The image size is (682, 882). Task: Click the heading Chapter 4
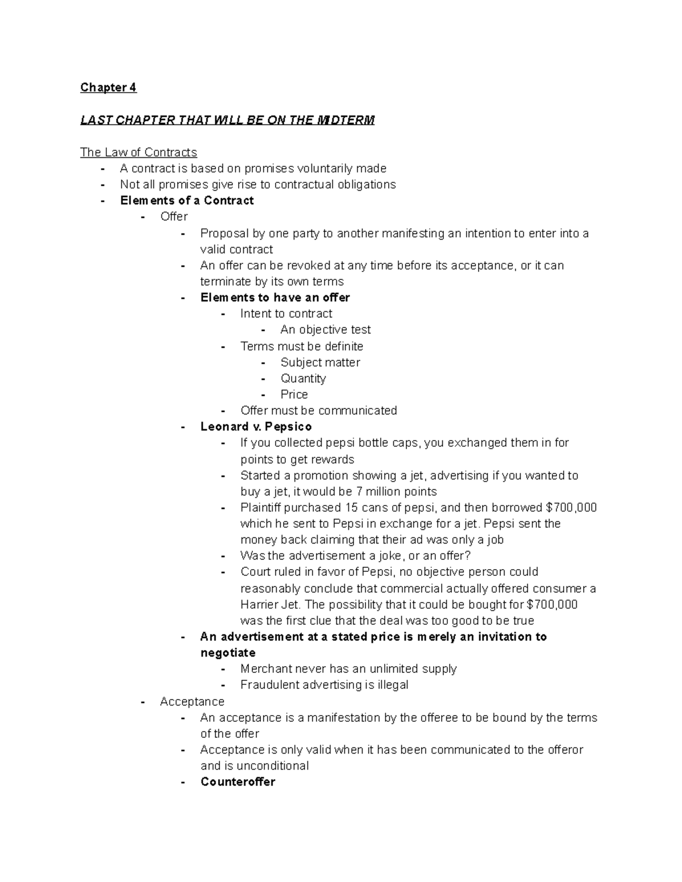(x=108, y=87)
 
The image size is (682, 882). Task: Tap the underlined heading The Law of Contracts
(x=138, y=152)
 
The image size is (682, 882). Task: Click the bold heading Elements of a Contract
(x=187, y=200)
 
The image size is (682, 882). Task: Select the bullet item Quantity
(x=303, y=378)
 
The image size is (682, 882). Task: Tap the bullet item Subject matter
(x=320, y=362)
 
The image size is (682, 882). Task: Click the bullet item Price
(x=294, y=394)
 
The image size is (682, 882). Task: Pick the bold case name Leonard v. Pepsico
(x=256, y=427)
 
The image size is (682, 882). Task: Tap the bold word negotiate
(x=228, y=653)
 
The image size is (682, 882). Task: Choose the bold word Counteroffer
(x=238, y=781)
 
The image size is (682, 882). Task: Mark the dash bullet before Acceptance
(x=143, y=701)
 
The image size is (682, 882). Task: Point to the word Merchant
(x=265, y=668)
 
